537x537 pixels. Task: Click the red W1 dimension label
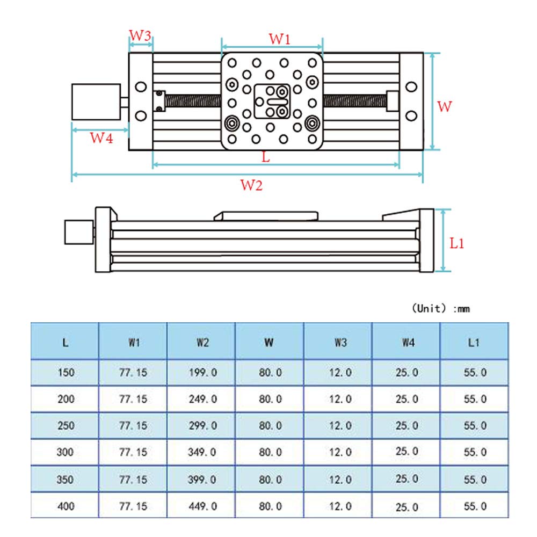tap(279, 39)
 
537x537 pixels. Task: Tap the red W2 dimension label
tap(251, 186)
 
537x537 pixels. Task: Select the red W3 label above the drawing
tap(141, 36)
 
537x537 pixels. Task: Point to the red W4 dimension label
tap(101, 138)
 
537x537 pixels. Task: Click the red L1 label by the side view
tap(457, 243)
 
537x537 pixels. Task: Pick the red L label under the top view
tap(265, 157)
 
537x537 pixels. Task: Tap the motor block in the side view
tap(78, 232)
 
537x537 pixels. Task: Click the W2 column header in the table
tap(202, 342)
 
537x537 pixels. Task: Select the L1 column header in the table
tap(474, 342)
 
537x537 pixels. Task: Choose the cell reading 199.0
tap(202, 373)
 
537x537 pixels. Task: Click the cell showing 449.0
tap(202, 506)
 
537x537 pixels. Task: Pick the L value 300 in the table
tap(65, 452)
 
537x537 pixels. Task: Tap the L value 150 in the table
tap(65, 373)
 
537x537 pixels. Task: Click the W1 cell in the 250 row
tap(133, 425)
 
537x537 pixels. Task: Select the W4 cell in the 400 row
tap(407, 506)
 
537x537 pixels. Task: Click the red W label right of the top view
tap(445, 106)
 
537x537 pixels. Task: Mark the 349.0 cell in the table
tap(202, 452)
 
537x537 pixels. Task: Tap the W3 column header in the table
tap(338, 342)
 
